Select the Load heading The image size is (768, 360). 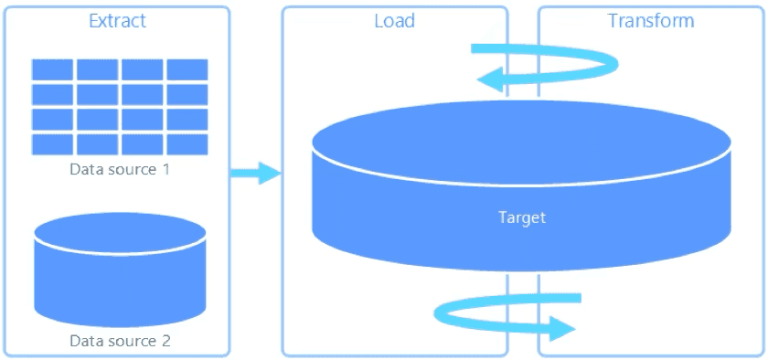[394, 20]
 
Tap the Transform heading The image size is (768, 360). [650, 20]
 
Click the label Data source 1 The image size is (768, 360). [120, 170]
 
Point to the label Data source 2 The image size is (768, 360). [120, 341]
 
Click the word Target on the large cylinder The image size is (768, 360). [522, 217]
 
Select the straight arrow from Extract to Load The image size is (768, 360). [255, 173]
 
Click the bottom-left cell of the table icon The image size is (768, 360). [52, 144]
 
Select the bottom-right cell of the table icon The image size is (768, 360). [187, 144]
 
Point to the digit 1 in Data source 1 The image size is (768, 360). [165, 170]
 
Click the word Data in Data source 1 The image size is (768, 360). [85, 170]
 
